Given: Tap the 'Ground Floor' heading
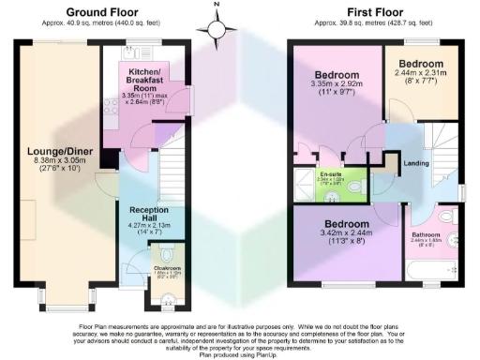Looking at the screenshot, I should pyautogui.click(x=97, y=13).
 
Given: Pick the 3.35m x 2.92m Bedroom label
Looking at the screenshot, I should pyautogui.click(x=337, y=75).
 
